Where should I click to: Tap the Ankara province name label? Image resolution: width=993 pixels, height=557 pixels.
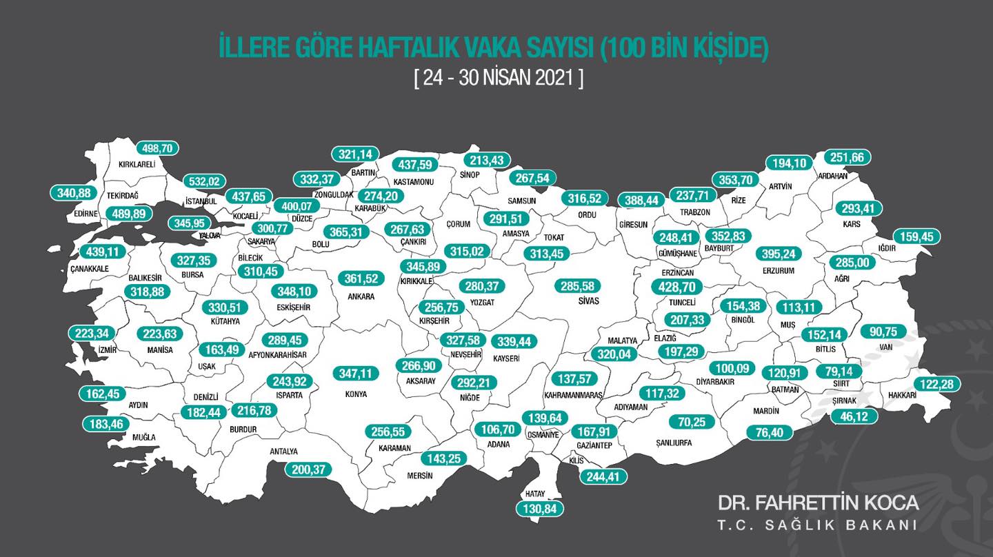361,296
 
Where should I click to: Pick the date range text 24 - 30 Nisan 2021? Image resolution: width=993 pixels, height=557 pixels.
499,78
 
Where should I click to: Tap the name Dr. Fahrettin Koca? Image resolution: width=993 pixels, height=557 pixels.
818,502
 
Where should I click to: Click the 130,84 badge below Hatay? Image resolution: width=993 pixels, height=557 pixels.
540,509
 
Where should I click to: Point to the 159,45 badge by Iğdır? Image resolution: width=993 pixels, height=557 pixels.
917,236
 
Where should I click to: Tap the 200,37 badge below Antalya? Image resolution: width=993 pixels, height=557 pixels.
308,469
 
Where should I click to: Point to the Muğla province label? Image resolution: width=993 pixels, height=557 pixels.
144,437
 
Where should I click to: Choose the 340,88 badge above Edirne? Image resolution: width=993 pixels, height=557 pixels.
74,193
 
